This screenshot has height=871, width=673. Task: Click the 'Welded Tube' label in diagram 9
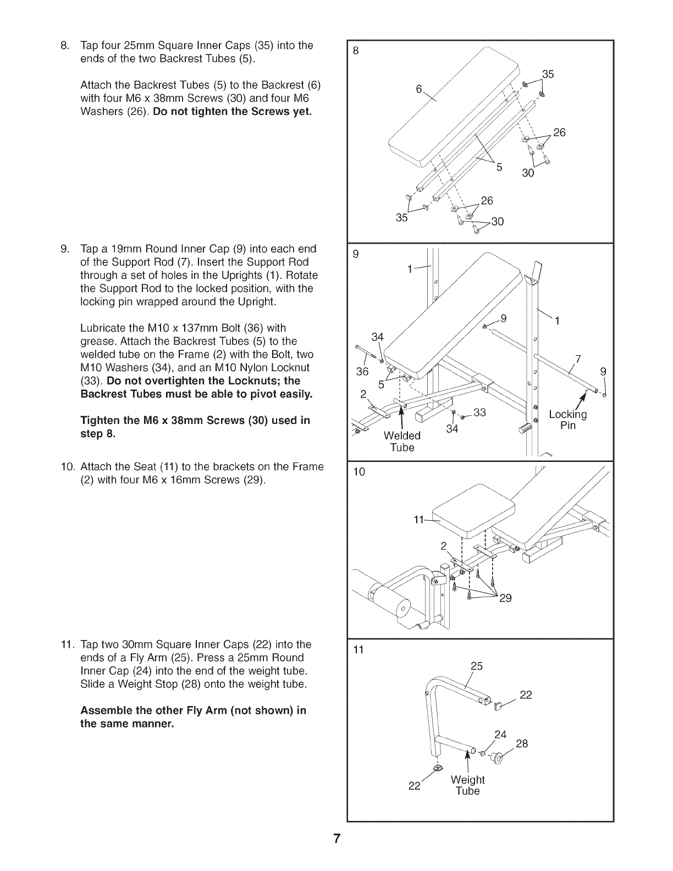pos(402,442)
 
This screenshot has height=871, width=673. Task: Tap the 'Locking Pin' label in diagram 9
pos(568,420)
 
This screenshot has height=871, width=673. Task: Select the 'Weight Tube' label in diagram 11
pos(467,785)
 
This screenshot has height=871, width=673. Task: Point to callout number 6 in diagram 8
pos(418,91)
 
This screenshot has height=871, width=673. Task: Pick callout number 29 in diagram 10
pos(505,598)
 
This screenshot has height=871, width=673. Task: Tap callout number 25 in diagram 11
pos(476,666)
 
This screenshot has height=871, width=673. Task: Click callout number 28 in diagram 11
pos(521,744)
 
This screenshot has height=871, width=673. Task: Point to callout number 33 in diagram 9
pos(480,412)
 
